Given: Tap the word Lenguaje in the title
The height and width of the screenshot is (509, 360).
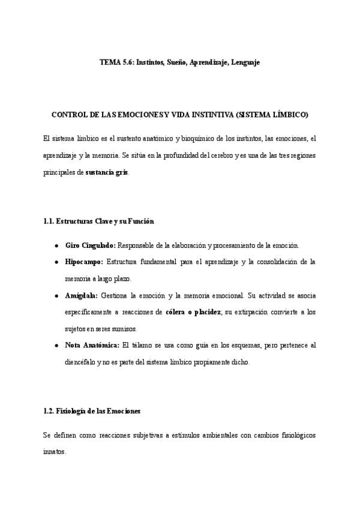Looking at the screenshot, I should [x=245, y=62].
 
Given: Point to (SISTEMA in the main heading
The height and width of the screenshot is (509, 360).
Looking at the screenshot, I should [x=253, y=114].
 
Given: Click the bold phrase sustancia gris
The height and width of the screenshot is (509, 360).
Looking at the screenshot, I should [x=107, y=172].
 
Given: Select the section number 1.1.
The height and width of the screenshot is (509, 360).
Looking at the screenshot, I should [x=49, y=221].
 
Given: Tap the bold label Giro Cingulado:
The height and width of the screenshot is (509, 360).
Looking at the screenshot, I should [x=90, y=246].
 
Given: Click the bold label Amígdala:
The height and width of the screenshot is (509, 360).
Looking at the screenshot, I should [x=82, y=296].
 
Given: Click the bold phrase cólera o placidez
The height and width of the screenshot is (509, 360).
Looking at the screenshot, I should [x=193, y=313].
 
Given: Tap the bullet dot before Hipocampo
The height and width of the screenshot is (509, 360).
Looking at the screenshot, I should [x=56, y=263].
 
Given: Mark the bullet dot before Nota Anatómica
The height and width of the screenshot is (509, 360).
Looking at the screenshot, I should [x=56, y=346].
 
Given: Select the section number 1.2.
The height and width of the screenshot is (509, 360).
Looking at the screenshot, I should [x=49, y=411].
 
